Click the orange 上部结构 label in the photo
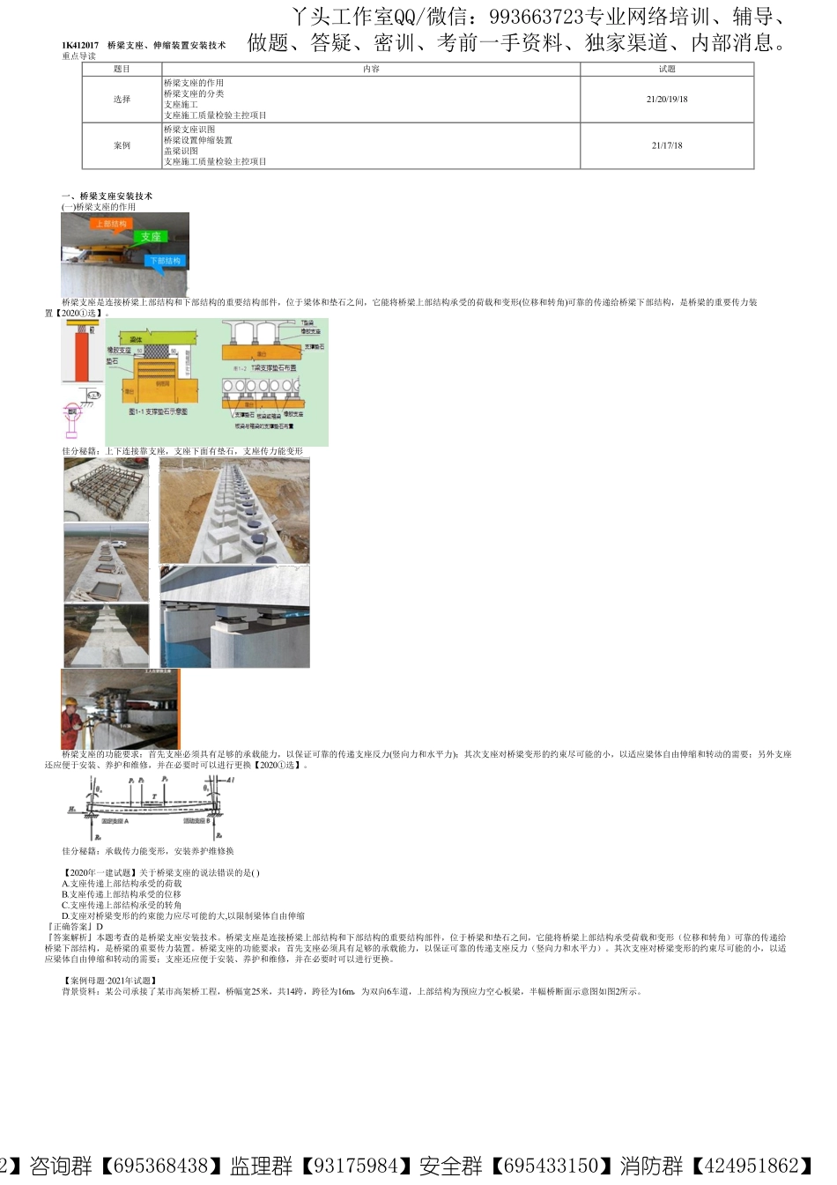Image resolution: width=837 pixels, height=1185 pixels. point(111,225)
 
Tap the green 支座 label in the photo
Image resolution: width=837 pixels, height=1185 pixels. point(151,237)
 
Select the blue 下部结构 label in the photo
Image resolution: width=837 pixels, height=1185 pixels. point(165,261)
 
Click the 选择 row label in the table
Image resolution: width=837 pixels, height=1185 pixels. point(122,100)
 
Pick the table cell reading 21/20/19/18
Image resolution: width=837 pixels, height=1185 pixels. point(667,100)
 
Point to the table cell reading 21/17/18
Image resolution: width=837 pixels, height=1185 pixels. point(667,146)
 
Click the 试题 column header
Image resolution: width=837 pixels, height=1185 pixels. point(667,69)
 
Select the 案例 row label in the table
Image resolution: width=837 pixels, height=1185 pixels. point(122,146)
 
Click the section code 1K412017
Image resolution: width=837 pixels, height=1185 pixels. point(80,45)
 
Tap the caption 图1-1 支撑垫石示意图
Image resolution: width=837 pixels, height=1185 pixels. point(159,411)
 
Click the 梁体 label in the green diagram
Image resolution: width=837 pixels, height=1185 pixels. point(137,339)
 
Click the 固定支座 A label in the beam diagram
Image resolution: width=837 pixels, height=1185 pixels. point(115,821)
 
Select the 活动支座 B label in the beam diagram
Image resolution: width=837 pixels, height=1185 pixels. point(196,821)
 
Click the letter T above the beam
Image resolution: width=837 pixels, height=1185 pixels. point(155,796)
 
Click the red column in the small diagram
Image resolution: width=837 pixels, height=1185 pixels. point(80,352)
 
